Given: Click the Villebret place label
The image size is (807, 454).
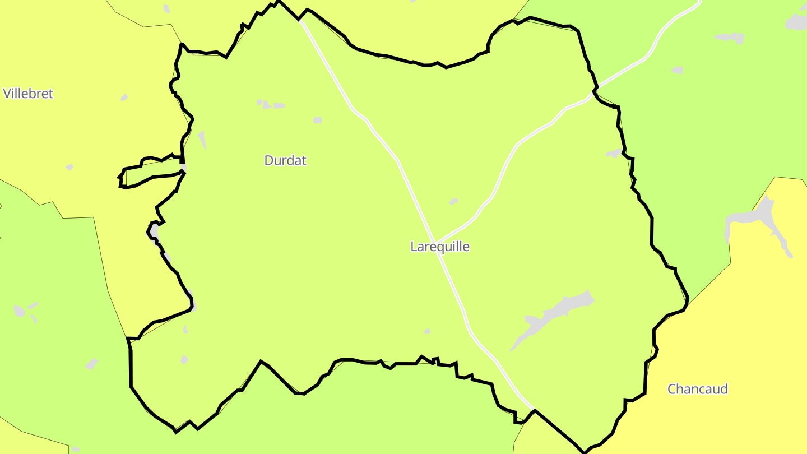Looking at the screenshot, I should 28,94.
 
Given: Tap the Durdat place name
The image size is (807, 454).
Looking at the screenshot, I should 285,160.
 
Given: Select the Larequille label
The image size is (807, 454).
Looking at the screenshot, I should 440,247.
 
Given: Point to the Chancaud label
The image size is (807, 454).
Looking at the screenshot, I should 697,389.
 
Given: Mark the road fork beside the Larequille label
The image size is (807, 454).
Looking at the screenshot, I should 437,244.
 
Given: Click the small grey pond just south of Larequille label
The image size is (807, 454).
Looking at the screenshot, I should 427,331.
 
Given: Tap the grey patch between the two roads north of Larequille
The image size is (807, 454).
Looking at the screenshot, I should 453,201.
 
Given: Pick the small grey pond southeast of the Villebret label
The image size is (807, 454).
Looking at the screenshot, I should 124,98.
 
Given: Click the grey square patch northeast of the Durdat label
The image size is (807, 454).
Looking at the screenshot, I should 318,119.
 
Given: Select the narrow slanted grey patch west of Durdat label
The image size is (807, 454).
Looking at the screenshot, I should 202,140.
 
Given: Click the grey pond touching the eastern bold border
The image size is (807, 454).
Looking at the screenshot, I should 614,152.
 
